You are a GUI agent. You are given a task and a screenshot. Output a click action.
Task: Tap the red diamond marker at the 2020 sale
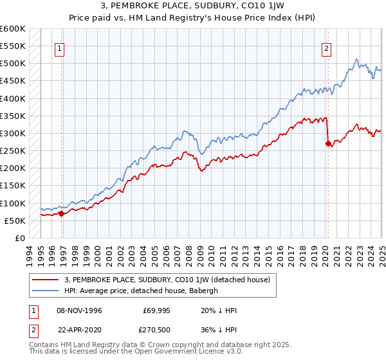[x=328, y=143]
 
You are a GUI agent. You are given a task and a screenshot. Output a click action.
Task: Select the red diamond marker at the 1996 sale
[x=62, y=213]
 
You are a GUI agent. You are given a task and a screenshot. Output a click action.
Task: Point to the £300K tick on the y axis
[x=13, y=133]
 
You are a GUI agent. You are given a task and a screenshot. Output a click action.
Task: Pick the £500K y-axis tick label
[x=13, y=64]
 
